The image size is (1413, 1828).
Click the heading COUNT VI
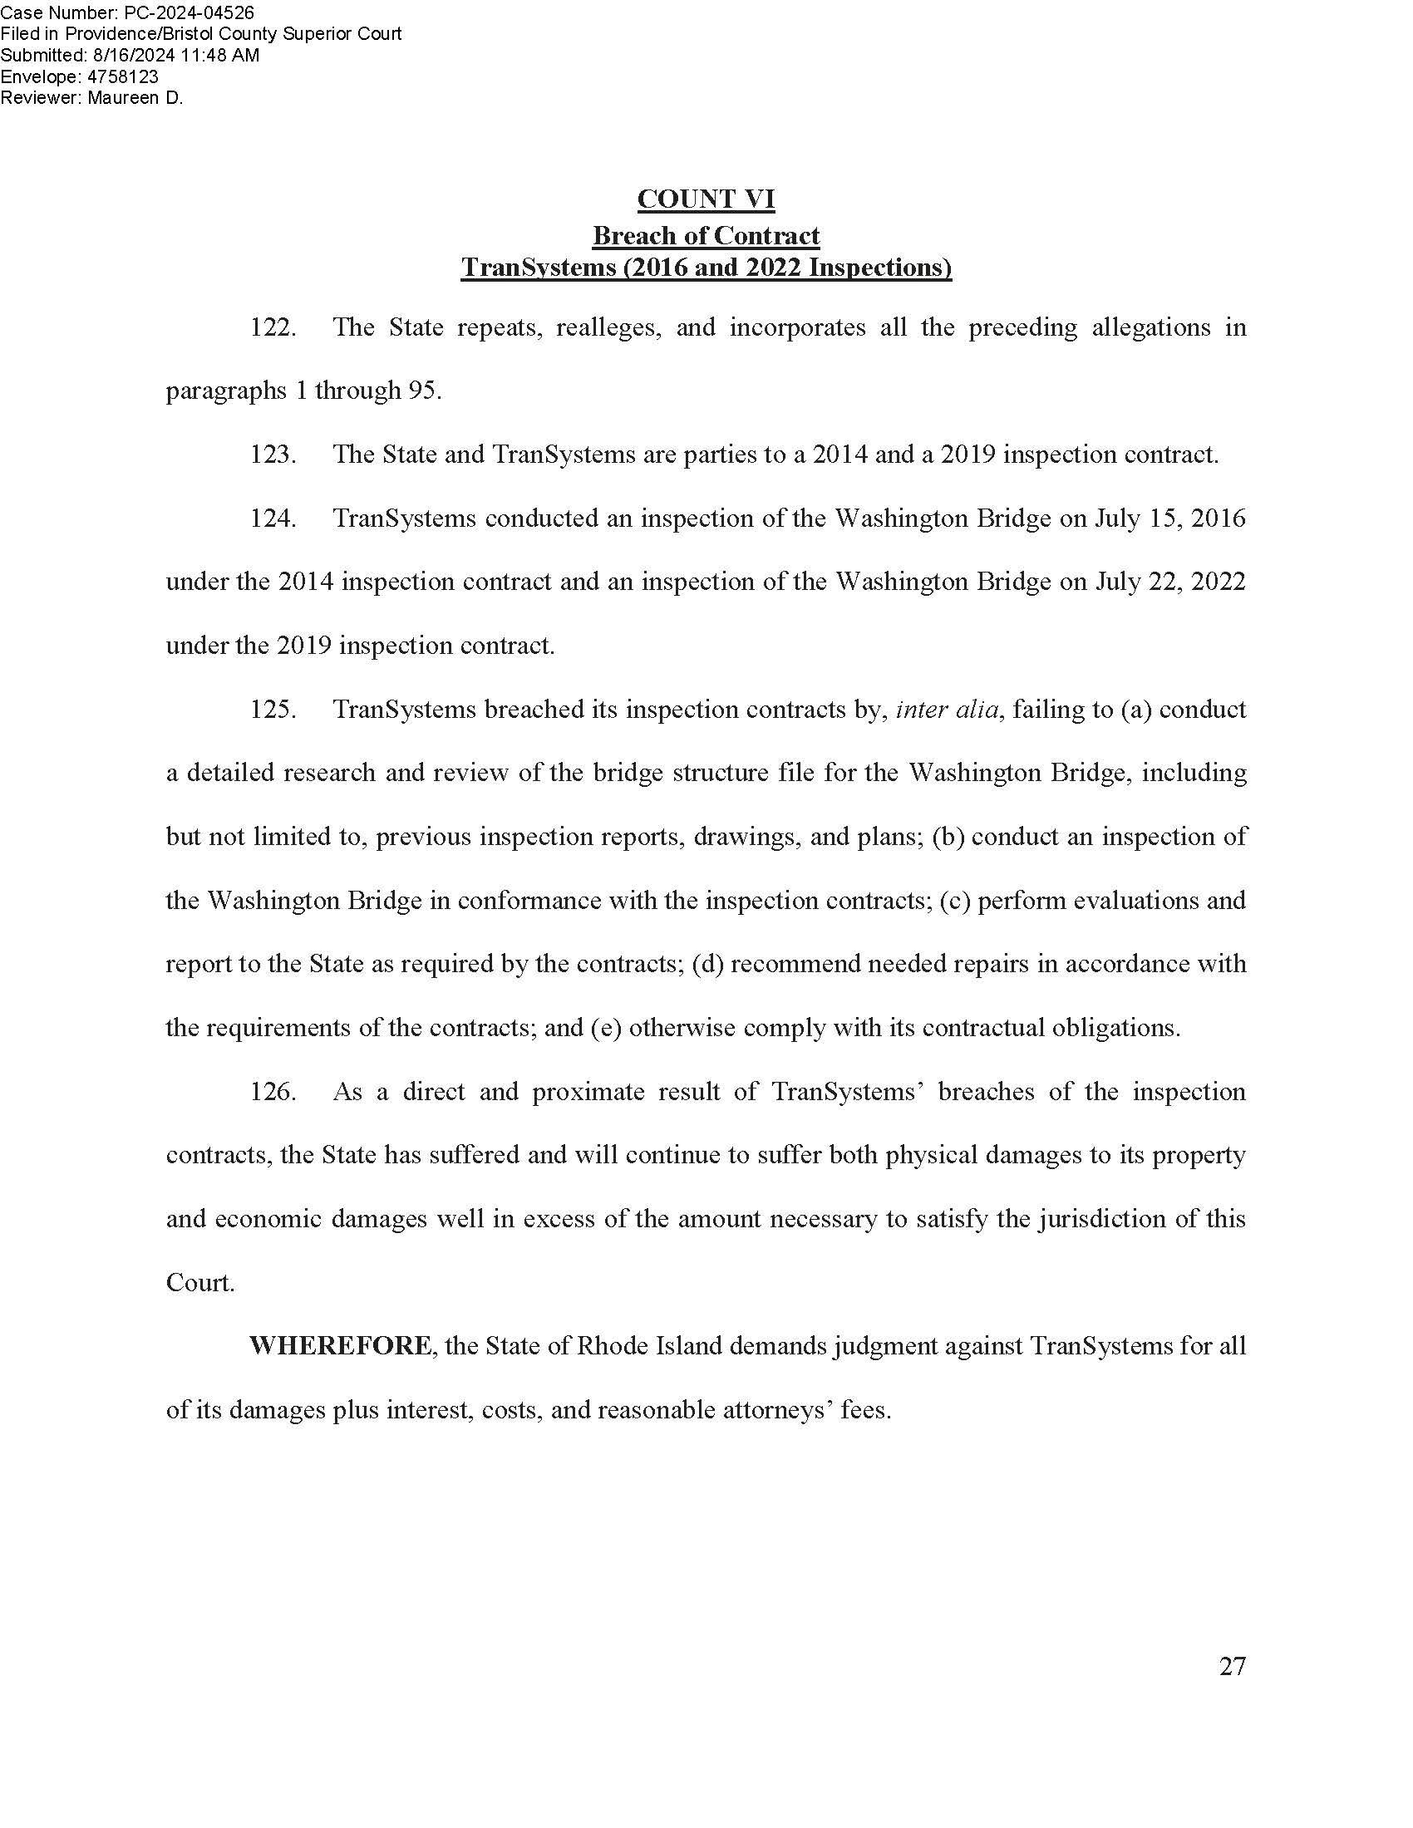[x=706, y=199]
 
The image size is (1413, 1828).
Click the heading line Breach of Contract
[x=706, y=236]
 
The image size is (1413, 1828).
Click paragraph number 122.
[x=273, y=327]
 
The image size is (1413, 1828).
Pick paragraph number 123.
[x=273, y=455]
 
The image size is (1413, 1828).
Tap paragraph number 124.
[x=273, y=518]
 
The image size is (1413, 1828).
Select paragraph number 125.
[x=273, y=709]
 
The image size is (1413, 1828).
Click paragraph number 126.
[x=273, y=1092]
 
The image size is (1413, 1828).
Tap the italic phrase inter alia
[x=947, y=710]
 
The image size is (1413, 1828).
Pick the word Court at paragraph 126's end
[x=199, y=1283]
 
